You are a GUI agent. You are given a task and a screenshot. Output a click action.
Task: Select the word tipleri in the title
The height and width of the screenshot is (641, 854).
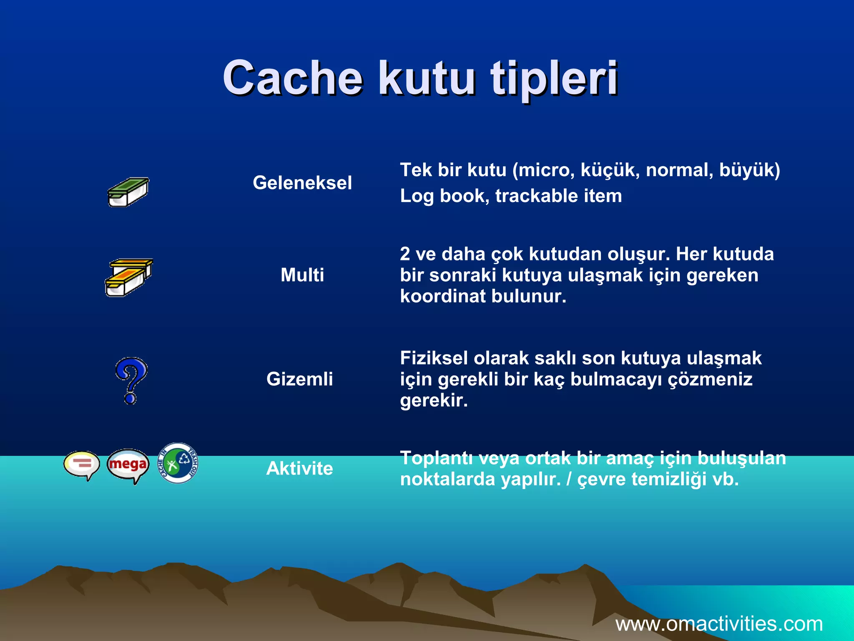coord(555,78)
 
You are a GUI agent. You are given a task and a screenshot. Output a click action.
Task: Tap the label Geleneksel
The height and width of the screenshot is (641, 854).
coord(302,183)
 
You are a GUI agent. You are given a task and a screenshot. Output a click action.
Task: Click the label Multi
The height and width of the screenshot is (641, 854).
coord(302,275)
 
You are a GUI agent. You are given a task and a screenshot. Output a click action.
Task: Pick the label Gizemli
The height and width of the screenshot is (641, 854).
coord(299,379)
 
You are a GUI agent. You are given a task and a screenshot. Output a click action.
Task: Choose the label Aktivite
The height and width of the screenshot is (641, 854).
coord(299,468)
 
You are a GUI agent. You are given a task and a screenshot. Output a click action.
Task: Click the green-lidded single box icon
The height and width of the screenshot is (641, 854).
coord(128,192)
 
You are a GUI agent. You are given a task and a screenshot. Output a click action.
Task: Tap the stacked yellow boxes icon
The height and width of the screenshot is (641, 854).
coord(128,277)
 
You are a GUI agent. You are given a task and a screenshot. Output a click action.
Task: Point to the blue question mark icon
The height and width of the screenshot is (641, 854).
coord(131,380)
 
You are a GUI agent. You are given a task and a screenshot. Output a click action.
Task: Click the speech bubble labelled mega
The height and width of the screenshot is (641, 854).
coord(128,465)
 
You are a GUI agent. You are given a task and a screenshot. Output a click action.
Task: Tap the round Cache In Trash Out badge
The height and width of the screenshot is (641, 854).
coord(178,463)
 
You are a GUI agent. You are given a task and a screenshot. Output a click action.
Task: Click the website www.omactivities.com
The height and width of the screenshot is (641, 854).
coord(719,624)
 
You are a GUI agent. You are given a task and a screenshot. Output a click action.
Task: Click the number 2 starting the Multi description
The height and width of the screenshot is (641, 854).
coord(405,254)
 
